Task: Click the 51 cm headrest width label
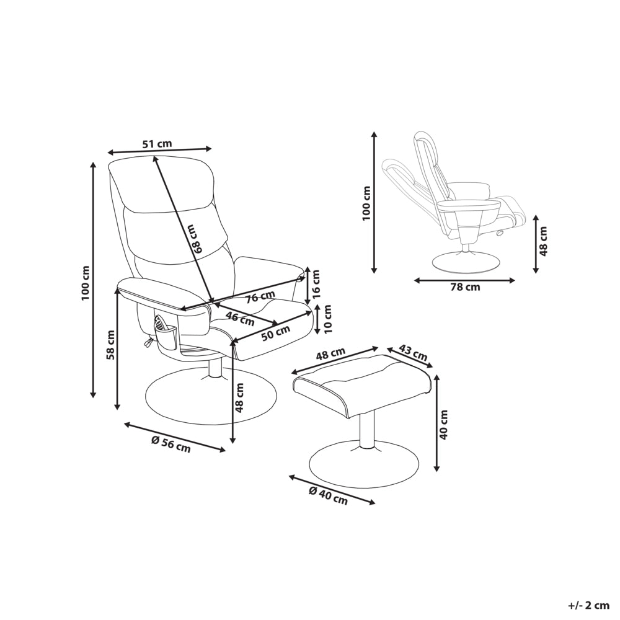pyautogui.click(x=157, y=144)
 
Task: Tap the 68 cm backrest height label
pyautogui.click(x=195, y=239)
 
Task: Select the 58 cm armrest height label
pyautogui.click(x=110, y=344)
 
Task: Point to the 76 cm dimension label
pyautogui.click(x=260, y=297)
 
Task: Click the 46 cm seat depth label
pyautogui.click(x=240, y=319)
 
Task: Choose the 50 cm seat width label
pyautogui.click(x=276, y=333)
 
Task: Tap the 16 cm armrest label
pyautogui.click(x=315, y=285)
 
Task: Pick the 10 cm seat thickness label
pyautogui.click(x=328, y=319)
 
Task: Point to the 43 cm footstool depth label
pyautogui.click(x=414, y=353)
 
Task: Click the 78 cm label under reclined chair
pyautogui.click(x=465, y=287)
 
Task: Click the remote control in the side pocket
pyautogui.click(x=161, y=324)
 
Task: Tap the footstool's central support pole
pyautogui.click(x=367, y=429)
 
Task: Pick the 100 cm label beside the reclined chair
pyautogui.click(x=366, y=203)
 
